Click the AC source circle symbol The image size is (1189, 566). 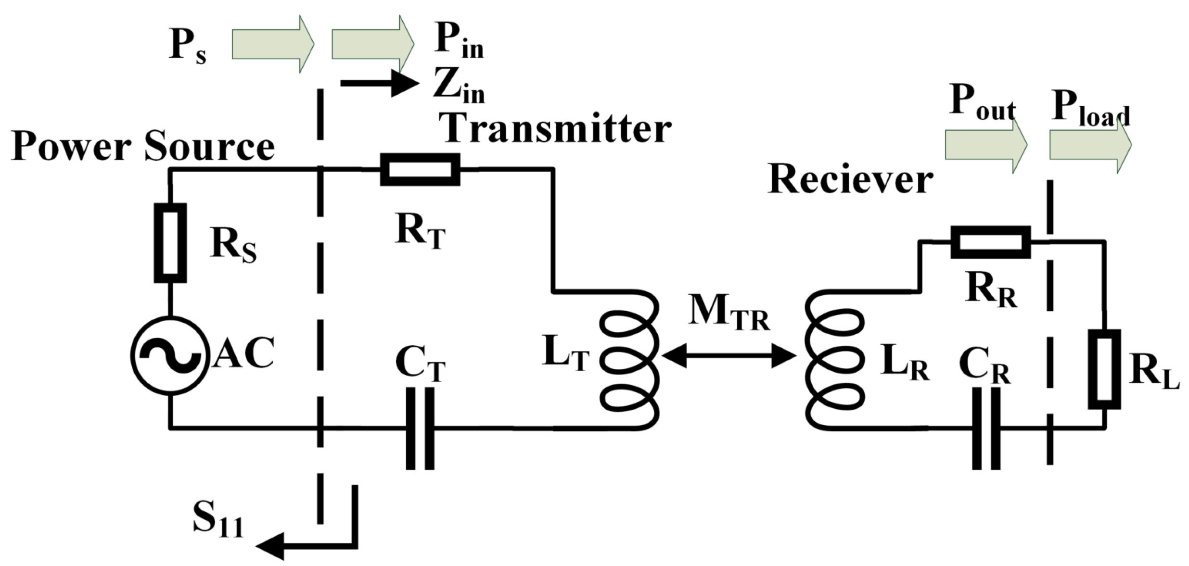point(170,355)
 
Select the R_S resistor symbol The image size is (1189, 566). point(170,243)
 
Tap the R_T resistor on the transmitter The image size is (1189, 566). point(420,169)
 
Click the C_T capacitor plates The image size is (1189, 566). point(420,428)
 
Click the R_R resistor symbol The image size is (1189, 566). point(990,242)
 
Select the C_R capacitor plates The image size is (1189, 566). point(985,428)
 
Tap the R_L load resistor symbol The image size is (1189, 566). point(1104,369)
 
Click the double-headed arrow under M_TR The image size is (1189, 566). point(729,356)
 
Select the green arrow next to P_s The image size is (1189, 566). point(272,44)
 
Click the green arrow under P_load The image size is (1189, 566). point(1090,144)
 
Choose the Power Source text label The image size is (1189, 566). point(143,146)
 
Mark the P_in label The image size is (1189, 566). point(458,42)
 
